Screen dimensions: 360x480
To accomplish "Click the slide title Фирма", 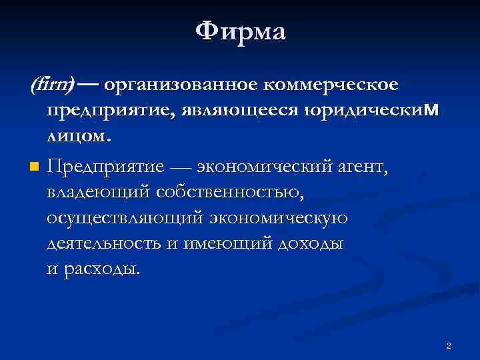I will (x=241, y=31).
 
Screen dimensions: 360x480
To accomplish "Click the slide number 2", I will (x=449, y=345).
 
